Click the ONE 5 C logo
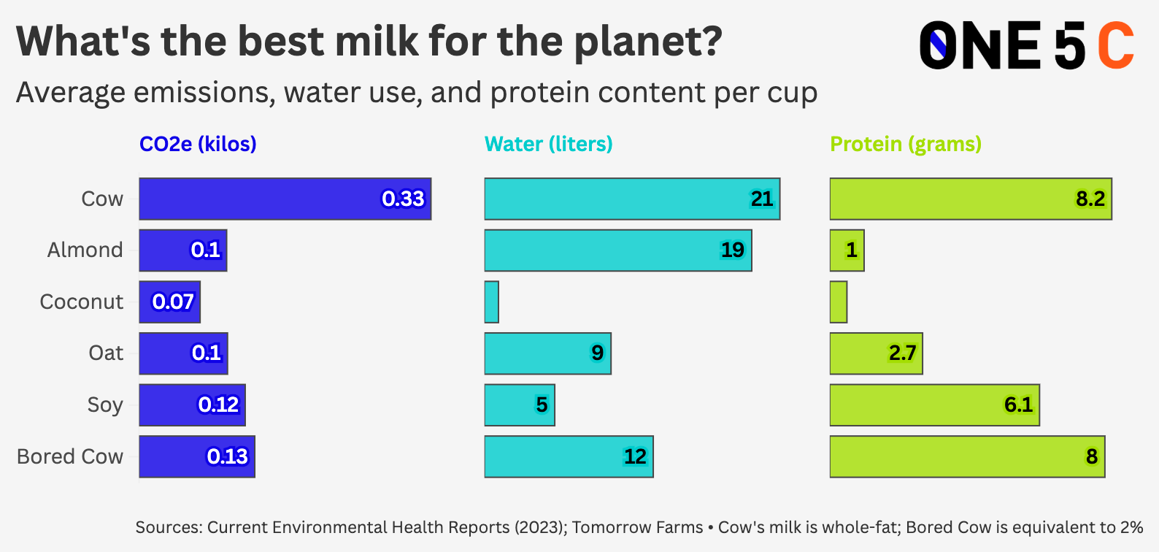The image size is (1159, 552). [x=1026, y=45]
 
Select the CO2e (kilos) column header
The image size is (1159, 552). [x=198, y=144]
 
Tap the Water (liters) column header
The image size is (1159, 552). [x=548, y=144]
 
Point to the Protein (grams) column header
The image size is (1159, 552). [x=905, y=144]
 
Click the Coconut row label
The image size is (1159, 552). [x=81, y=302]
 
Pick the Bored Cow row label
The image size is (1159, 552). [x=70, y=456]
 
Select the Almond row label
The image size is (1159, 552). [x=85, y=250]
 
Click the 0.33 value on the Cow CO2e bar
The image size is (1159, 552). [x=403, y=199]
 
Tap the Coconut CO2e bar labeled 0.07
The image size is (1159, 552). [x=169, y=302]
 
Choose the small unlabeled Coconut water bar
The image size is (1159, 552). [x=491, y=302]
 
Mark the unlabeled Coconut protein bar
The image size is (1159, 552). [x=838, y=302]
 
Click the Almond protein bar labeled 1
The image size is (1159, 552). [x=847, y=250]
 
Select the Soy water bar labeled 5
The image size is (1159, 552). [x=519, y=405]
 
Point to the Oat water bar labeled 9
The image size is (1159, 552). [x=547, y=353]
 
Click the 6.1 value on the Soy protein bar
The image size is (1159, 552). [x=1018, y=405]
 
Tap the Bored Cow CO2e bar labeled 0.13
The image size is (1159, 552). [x=196, y=456]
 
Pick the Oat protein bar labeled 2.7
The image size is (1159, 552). [x=876, y=353]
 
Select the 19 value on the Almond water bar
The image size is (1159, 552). [x=732, y=250]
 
